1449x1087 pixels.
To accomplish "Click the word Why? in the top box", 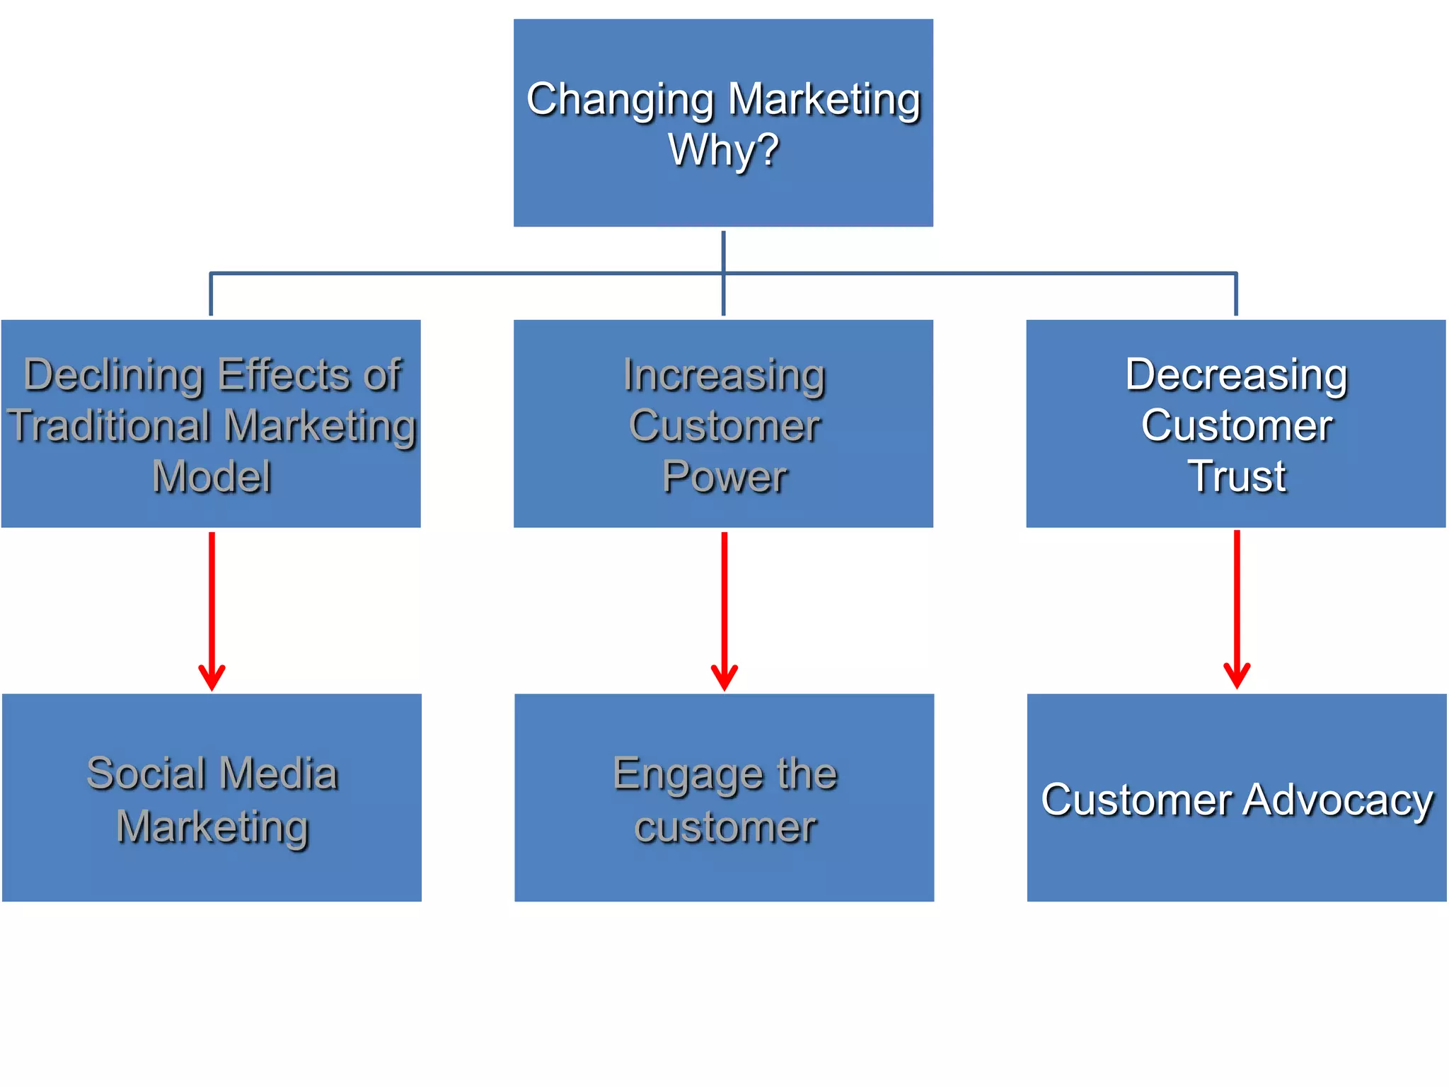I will (x=723, y=151).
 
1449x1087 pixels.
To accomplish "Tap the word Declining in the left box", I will (x=114, y=375).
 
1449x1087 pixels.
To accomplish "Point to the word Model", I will (x=212, y=476).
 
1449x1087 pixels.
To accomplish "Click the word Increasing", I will (x=724, y=375).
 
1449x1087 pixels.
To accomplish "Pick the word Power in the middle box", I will (x=724, y=476).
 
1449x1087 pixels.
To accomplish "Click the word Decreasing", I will (x=1236, y=375).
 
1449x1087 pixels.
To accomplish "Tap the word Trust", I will (x=1236, y=476).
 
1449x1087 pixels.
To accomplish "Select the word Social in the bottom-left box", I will (x=145, y=773).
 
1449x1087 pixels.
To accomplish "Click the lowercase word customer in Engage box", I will (x=724, y=827).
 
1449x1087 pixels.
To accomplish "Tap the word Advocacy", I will (x=1337, y=800).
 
